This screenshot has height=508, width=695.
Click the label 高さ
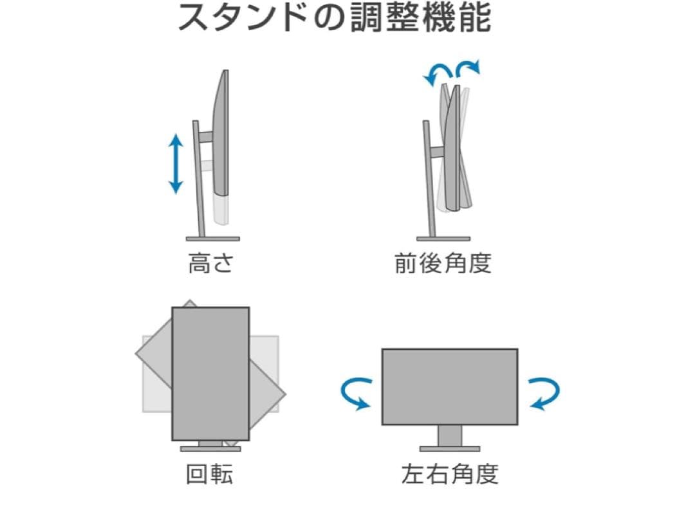[x=210, y=264]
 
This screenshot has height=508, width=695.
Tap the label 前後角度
[x=443, y=264]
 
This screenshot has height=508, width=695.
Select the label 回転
[x=210, y=474]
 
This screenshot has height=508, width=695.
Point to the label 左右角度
[x=449, y=474]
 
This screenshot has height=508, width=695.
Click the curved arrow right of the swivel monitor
[x=544, y=394]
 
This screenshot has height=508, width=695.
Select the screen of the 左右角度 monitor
[x=449, y=386]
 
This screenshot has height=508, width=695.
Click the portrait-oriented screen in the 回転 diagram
[x=210, y=373]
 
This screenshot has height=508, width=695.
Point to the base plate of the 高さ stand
[x=212, y=239]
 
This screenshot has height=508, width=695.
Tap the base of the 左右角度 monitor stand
[x=449, y=448]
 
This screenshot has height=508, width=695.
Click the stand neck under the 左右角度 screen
[x=449, y=435]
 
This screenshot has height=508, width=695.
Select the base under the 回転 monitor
[x=210, y=449]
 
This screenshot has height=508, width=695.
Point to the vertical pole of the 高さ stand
[x=199, y=180]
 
